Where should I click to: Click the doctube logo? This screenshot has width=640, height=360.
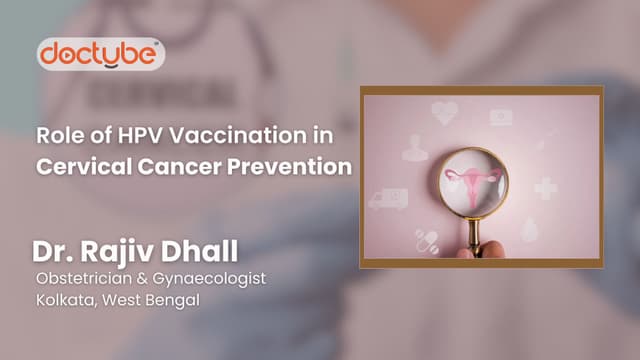101,54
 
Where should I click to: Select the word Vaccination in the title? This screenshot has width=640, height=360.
238,136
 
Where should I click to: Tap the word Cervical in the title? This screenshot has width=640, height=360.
84,167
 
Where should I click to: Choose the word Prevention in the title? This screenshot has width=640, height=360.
289,167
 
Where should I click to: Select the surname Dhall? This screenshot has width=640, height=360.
199,251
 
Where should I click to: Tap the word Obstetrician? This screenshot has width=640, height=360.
84,278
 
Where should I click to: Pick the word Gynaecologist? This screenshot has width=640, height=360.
209,279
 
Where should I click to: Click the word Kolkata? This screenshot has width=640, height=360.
67,300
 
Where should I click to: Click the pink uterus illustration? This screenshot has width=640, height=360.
473,183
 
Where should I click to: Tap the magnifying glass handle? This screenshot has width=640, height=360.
474,237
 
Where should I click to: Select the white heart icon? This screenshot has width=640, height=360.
444,112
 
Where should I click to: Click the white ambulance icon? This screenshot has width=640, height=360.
388,199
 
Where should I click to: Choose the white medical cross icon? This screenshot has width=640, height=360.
546,189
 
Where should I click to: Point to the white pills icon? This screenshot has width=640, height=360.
427,241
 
